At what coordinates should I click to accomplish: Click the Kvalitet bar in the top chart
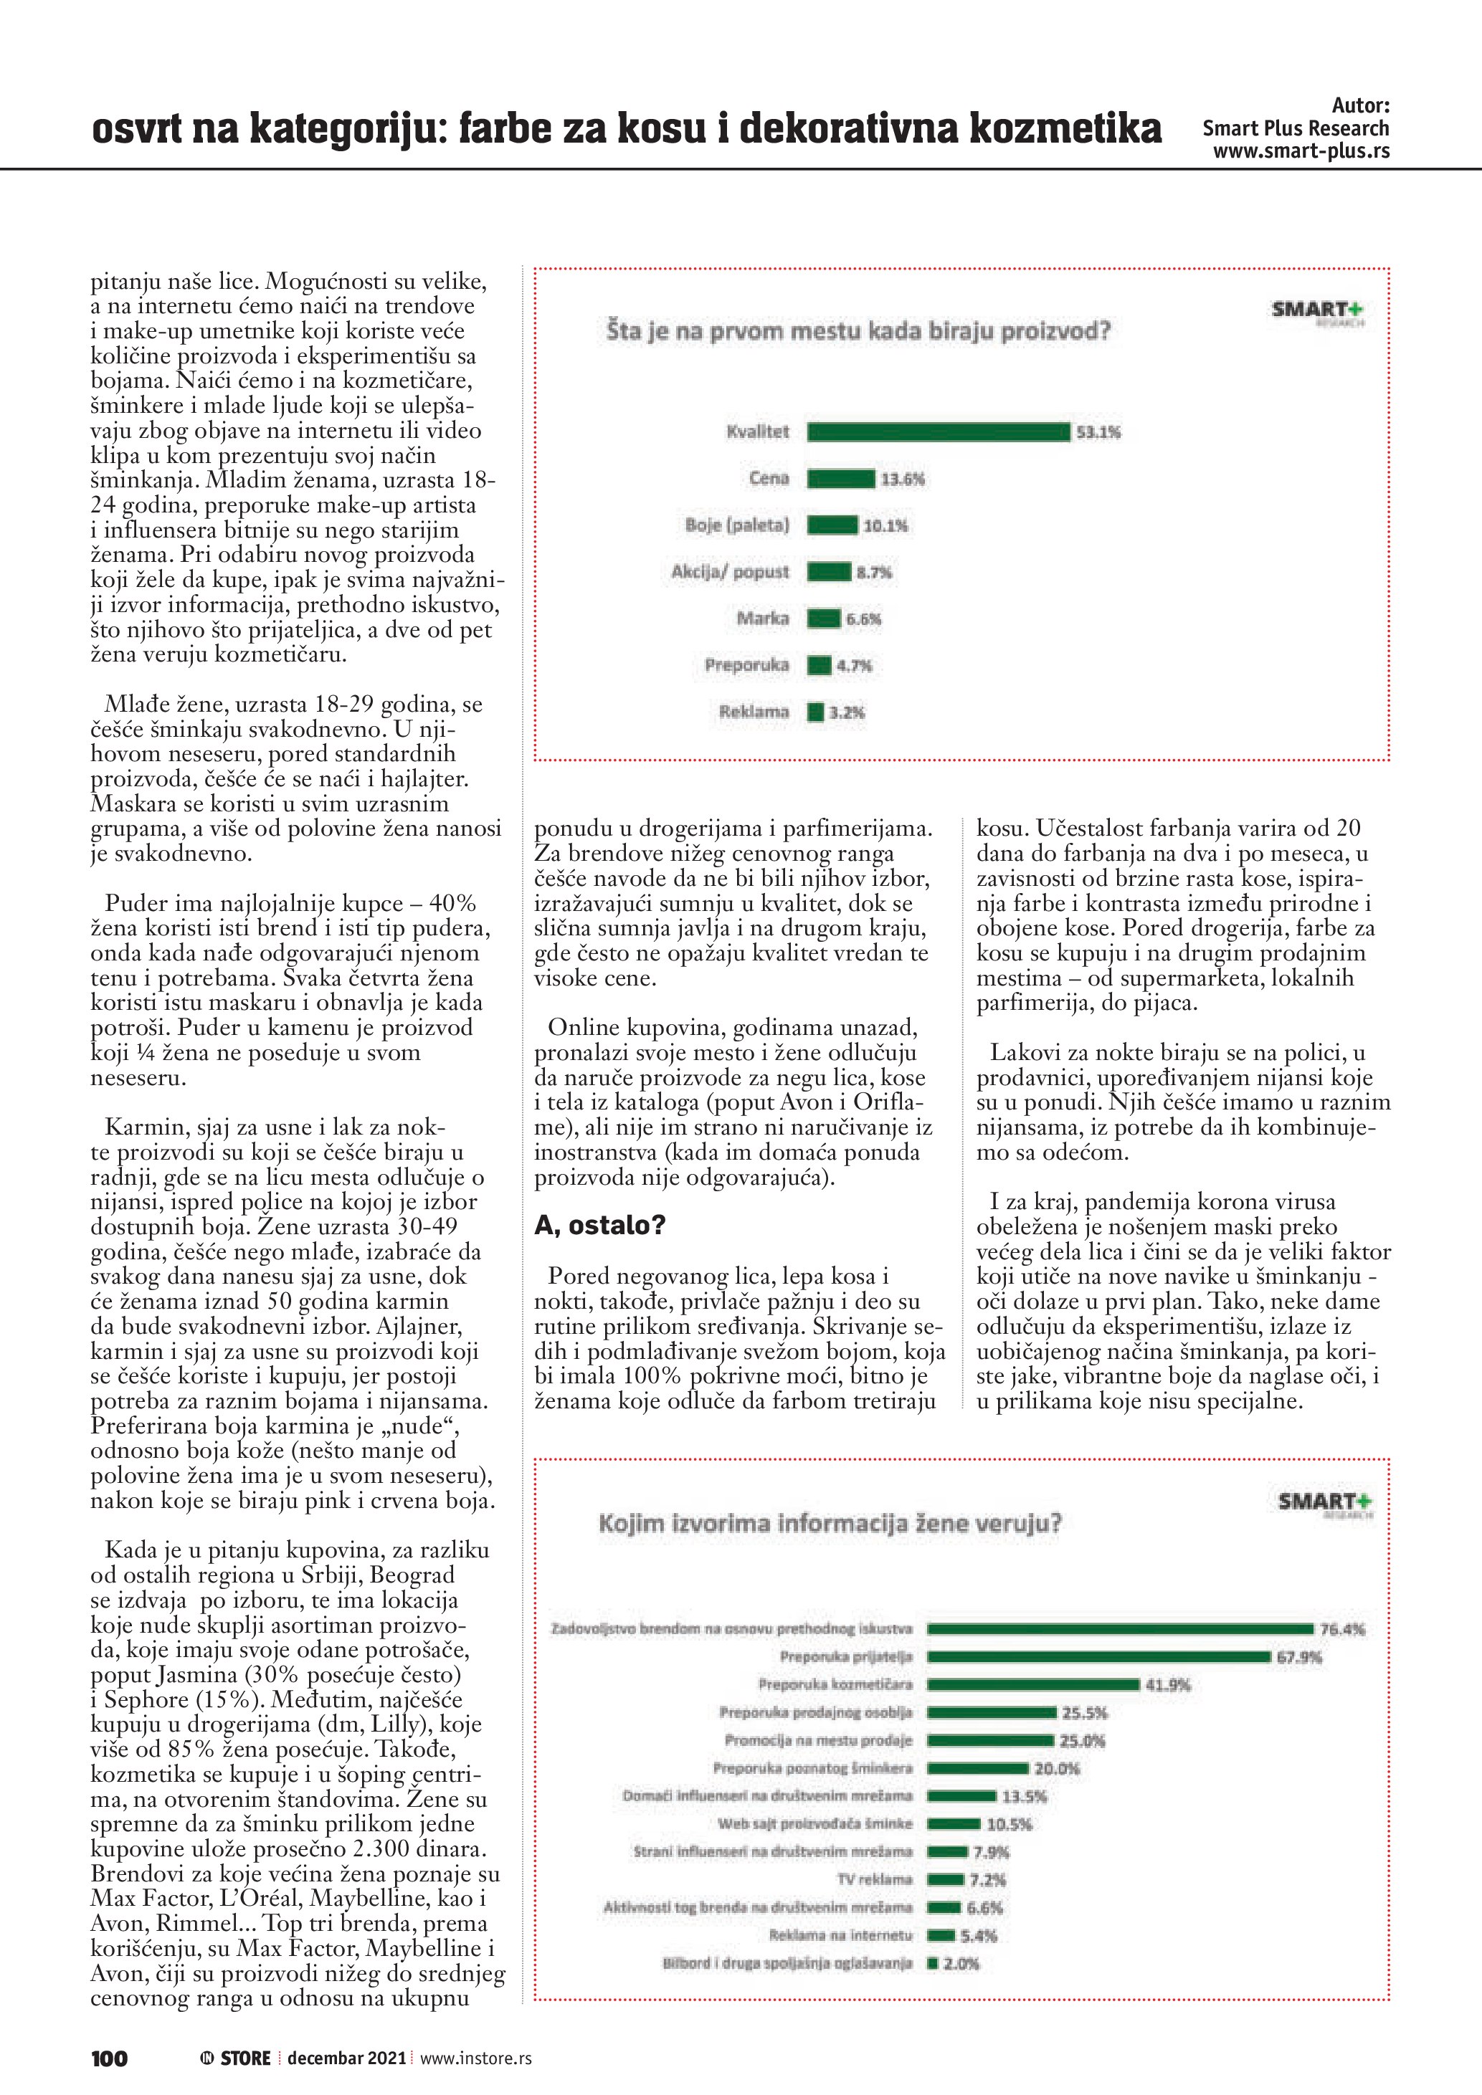(938, 431)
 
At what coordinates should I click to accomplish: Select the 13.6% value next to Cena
(902, 479)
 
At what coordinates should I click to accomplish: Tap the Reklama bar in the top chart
(816, 712)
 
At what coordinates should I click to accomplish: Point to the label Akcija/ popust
(730, 572)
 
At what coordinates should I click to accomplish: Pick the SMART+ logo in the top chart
(1317, 311)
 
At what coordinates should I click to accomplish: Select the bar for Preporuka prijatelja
(1098, 1656)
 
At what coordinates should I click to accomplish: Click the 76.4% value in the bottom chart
(1342, 1628)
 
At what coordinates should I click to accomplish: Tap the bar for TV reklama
(946, 1880)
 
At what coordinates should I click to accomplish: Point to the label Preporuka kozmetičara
(835, 1684)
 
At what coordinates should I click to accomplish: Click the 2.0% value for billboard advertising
(961, 1964)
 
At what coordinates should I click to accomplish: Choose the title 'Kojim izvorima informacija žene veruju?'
(830, 1523)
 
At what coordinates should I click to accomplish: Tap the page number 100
(110, 2058)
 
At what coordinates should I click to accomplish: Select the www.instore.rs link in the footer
(475, 2058)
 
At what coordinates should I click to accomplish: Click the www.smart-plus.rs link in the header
(1301, 151)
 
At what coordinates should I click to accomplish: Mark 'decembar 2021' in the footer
(347, 2058)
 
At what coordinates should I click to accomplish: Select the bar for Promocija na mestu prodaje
(990, 1740)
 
